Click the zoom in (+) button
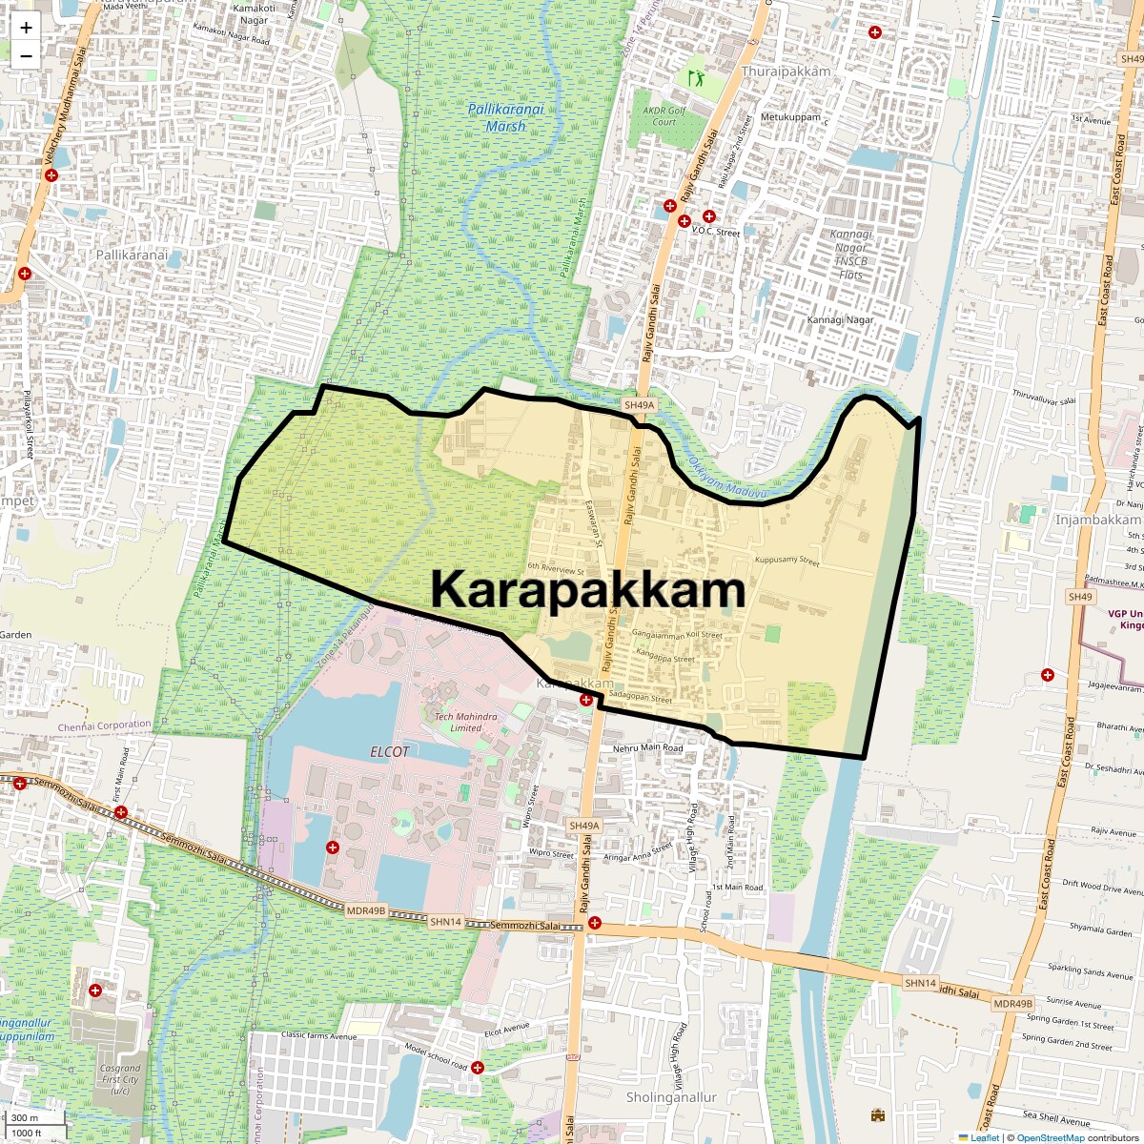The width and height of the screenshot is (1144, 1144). (x=26, y=28)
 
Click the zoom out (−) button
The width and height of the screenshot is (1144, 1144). (x=26, y=55)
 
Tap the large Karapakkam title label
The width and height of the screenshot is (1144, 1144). (x=587, y=589)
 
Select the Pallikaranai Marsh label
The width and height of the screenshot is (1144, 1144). (x=505, y=117)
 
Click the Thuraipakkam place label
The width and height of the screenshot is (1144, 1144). (x=786, y=71)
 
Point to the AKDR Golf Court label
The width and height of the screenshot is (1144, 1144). (x=664, y=116)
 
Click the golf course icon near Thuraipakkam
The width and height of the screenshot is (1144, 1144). (x=697, y=75)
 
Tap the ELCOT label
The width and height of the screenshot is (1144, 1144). (x=389, y=751)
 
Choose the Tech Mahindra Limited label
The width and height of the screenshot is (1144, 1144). (x=465, y=722)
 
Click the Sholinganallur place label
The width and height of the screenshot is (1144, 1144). (x=671, y=1097)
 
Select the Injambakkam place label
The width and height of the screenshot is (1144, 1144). (x=1097, y=520)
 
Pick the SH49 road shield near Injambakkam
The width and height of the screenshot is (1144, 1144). (x=1080, y=597)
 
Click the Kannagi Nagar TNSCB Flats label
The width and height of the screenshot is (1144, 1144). (x=850, y=255)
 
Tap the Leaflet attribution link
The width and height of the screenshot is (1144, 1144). (x=985, y=1137)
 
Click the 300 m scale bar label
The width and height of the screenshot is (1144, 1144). (x=25, y=1117)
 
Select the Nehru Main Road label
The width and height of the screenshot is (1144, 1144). (x=647, y=748)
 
